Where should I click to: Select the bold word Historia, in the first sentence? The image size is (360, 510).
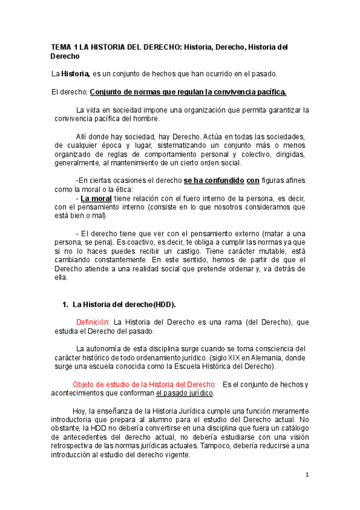click(75, 74)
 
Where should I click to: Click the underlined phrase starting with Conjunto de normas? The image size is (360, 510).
click(188, 92)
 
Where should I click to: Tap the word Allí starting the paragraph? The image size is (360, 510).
click(84, 136)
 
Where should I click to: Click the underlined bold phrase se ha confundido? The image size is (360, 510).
click(214, 180)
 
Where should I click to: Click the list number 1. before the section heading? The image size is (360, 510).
click(66, 305)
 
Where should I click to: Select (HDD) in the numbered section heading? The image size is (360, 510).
click(165, 305)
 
